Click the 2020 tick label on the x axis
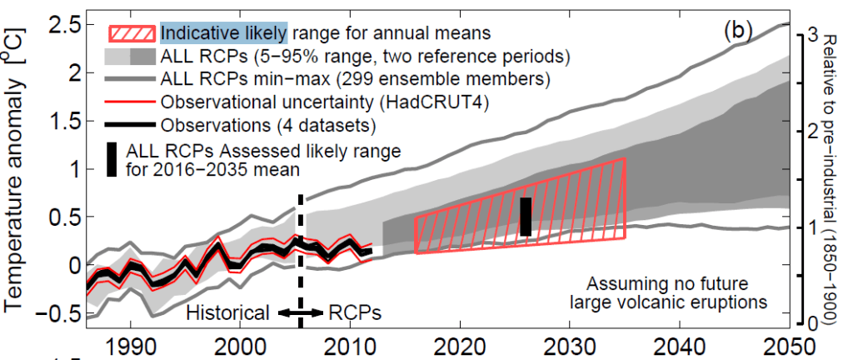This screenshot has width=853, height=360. [460, 345]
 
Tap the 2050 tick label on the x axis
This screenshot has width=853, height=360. [789, 345]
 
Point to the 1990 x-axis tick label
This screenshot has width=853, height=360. [131, 345]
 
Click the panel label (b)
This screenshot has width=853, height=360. [738, 32]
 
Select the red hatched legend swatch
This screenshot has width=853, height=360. [130, 34]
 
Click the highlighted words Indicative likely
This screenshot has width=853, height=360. [224, 33]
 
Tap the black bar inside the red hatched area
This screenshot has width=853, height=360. [525, 217]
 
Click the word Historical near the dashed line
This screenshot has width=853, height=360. [227, 313]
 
